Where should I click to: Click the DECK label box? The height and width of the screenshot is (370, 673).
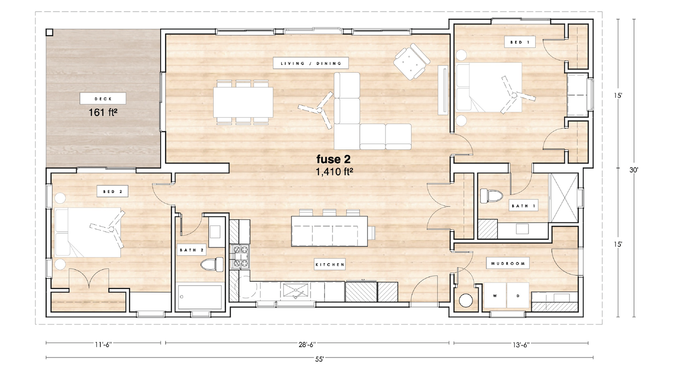(103, 99)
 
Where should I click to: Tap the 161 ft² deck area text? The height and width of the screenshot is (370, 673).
(103, 112)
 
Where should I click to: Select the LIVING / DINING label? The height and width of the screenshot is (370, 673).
(310, 63)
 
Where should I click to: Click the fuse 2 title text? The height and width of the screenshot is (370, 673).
(333, 159)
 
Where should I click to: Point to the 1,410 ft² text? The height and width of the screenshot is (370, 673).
(334, 172)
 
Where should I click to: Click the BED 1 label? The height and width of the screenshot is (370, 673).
(520, 42)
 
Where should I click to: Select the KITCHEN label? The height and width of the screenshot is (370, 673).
(330, 265)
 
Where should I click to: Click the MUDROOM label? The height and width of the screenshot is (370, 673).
(507, 263)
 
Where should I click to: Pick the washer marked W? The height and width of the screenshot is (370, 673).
(495, 296)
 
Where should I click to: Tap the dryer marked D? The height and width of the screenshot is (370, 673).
(518, 296)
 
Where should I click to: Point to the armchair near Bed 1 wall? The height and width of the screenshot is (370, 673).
(411, 61)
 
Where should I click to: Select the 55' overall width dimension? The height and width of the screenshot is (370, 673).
(319, 359)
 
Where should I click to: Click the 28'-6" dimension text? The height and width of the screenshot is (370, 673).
(307, 344)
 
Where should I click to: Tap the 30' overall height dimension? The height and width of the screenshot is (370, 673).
(634, 170)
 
